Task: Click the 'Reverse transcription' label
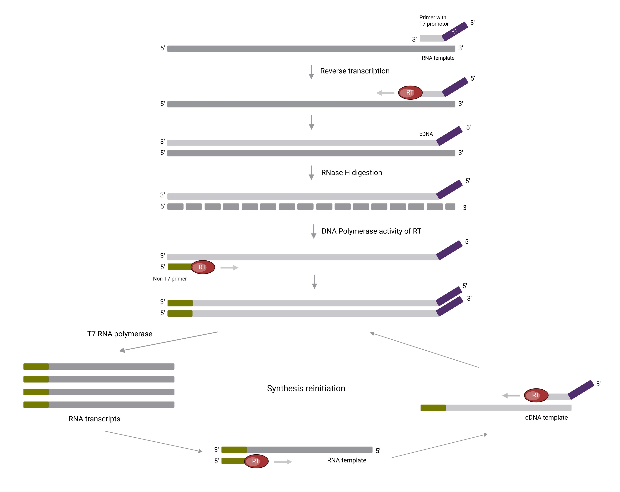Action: (355, 71)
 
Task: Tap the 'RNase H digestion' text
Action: (351, 172)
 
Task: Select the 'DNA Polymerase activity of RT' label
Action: (371, 231)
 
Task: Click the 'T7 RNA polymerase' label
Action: (120, 334)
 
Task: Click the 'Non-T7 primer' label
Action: (170, 279)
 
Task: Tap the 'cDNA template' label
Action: (546, 418)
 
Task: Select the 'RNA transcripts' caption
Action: (94, 419)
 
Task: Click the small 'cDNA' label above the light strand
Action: (426, 134)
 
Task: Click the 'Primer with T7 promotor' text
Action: (434, 21)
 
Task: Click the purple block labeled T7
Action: (454, 31)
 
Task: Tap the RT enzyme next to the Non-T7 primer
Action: (203, 267)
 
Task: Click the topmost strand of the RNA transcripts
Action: (99, 367)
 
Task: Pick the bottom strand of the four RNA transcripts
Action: (99, 405)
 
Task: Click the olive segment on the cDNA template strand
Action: (433, 408)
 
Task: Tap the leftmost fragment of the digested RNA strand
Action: (175, 207)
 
